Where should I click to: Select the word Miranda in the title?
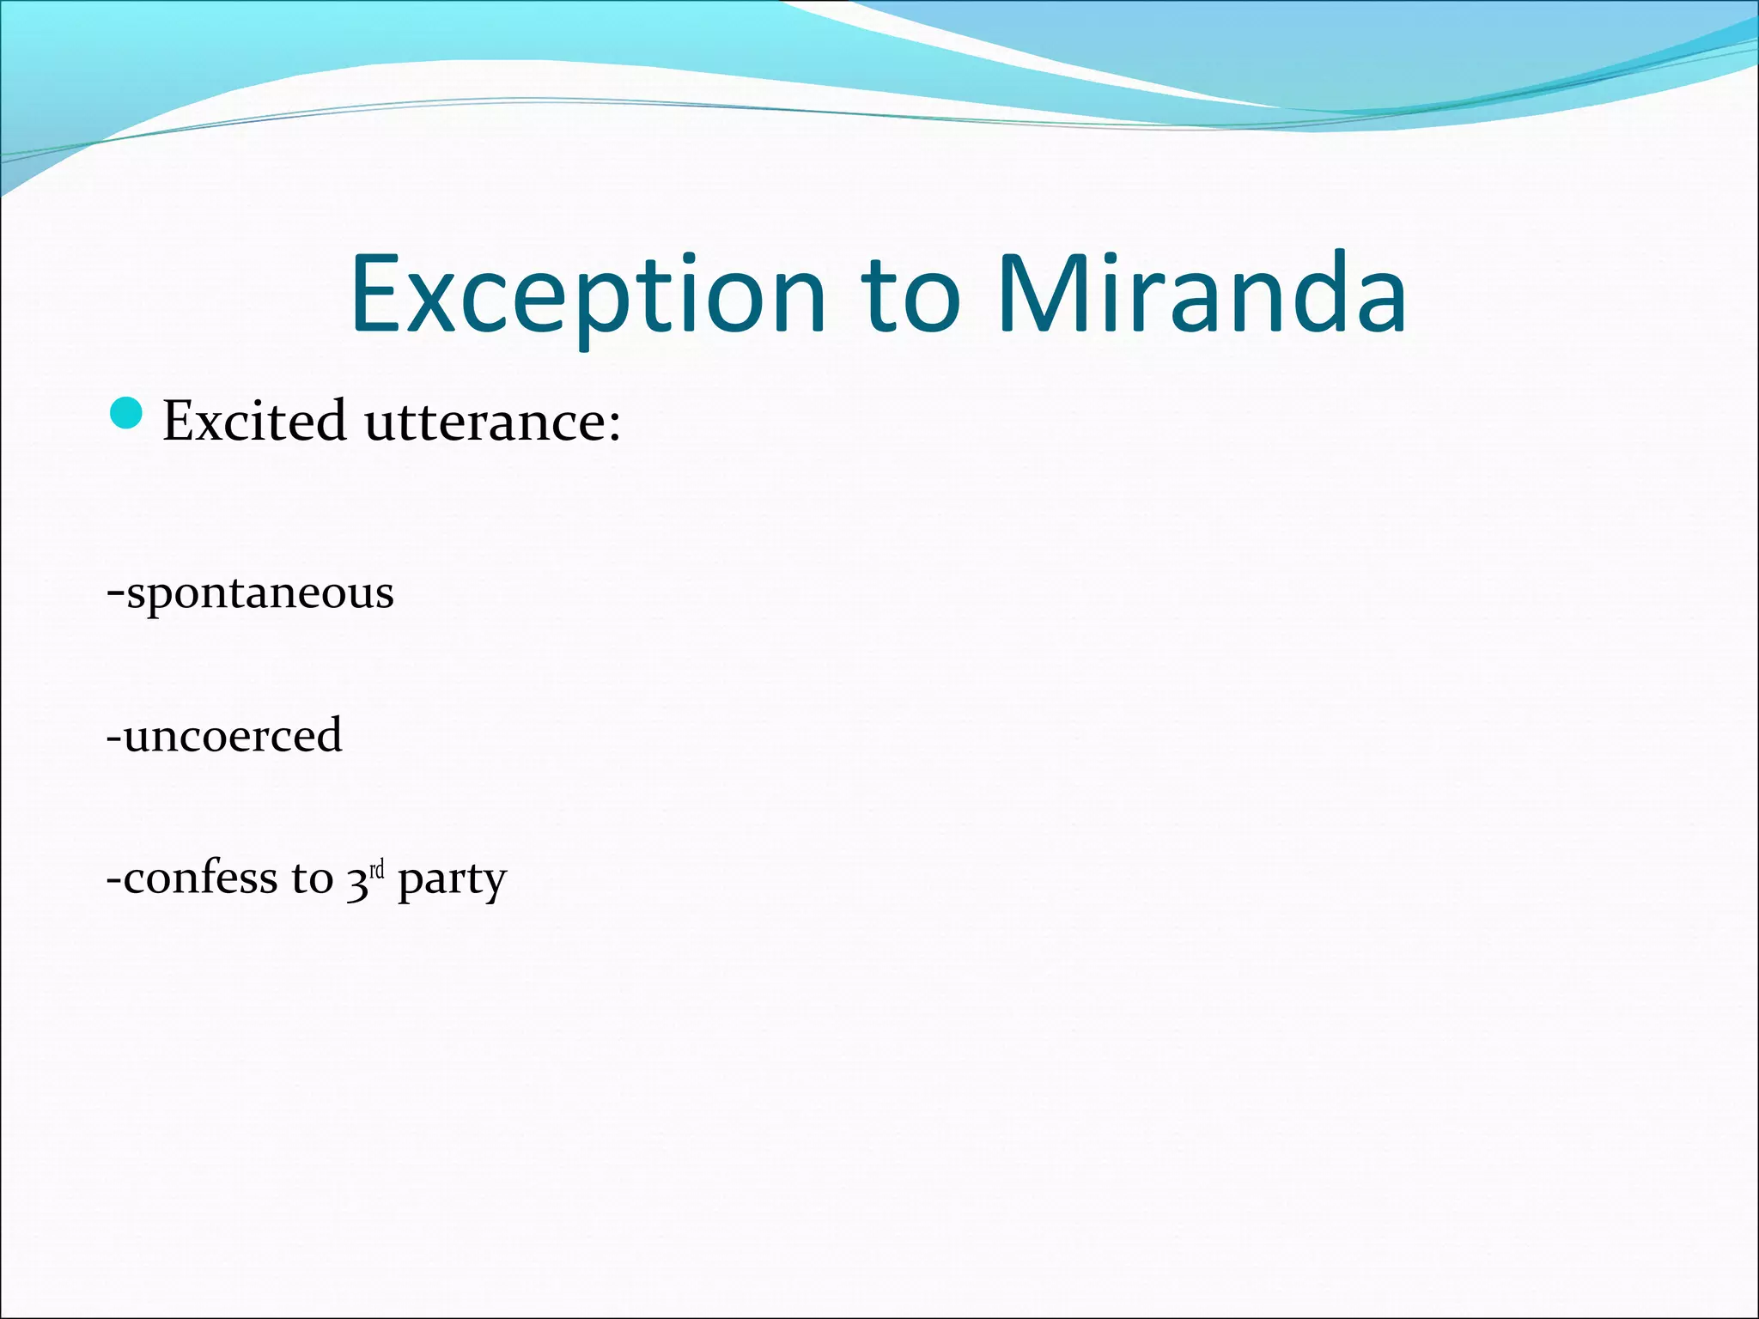pyautogui.click(x=1202, y=295)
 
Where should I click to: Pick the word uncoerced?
pyautogui.click(x=233, y=736)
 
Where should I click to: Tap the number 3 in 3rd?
pyautogui.click(x=356, y=881)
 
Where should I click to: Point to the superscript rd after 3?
pyautogui.click(x=376, y=872)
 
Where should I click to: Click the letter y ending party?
pyautogui.click(x=496, y=884)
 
